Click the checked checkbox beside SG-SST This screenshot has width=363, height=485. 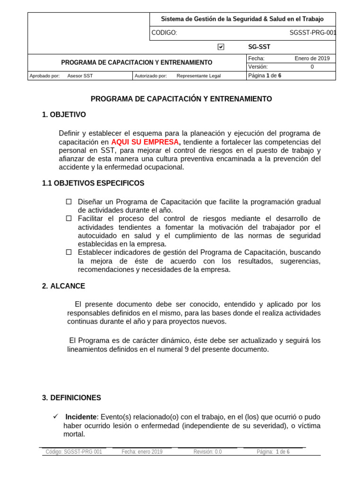click(x=221, y=47)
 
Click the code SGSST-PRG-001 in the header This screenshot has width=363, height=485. click(x=312, y=33)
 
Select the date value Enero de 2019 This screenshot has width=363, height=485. click(x=312, y=58)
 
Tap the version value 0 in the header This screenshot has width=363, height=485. click(x=312, y=67)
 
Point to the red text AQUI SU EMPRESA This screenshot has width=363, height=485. click(x=146, y=142)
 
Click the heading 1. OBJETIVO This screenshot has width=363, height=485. click(x=64, y=115)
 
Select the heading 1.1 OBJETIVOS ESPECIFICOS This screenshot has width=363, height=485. click(x=93, y=183)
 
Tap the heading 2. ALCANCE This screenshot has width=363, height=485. click(x=63, y=286)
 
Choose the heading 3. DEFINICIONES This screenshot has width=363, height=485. click(x=71, y=398)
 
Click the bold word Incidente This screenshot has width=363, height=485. click(x=81, y=417)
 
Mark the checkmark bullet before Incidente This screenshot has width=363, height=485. click(x=55, y=416)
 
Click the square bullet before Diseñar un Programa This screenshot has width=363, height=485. click(x=69, y=202)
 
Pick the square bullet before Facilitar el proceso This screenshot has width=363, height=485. click(x=69, y=218)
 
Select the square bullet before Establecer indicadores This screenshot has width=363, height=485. click(x=69, y=252)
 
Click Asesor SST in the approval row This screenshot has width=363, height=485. click(x=80, y=76)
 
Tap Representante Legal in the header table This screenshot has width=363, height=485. click(x=199, y=76)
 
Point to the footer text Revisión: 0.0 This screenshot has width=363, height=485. click(x=207, y=452)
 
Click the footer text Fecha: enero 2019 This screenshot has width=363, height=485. click(x=142, y=452)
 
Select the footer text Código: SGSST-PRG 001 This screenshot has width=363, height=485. click(x=74, y=452)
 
